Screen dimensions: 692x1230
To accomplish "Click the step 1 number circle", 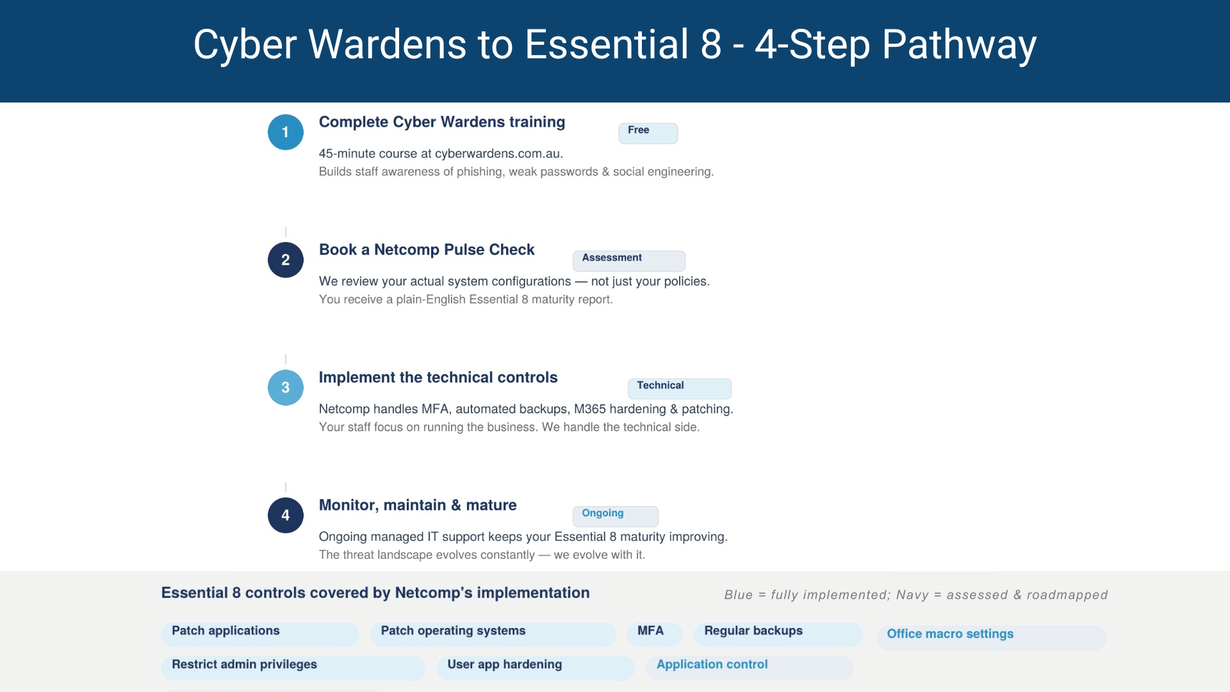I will point(286,132).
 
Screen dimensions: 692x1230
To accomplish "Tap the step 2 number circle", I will point(286,259).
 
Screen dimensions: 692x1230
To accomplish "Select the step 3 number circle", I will point(286,388).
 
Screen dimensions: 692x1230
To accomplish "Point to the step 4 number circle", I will point(286,515).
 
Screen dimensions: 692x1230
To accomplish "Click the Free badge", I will point(648,133).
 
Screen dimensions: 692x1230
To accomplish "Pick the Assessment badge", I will point(628,260).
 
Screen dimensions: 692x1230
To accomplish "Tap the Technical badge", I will point(679,388).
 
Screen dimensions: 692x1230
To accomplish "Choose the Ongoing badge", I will point(615,515).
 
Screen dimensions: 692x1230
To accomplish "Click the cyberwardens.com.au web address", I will point(498,154).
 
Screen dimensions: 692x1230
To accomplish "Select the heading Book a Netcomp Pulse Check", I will point(427,250).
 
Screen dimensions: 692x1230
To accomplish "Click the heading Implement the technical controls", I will point(438,377).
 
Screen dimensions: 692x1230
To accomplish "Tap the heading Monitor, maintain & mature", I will point(418,505).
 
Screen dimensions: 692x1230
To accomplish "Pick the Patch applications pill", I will point(259,634).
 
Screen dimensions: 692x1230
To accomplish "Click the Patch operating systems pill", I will point(492,634).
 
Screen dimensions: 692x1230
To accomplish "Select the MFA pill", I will point(654,634).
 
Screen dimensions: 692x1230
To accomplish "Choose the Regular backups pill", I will point(778,634).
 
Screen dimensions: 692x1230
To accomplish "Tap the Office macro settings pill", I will point(990,637).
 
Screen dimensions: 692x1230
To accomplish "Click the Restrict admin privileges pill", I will point(293,668).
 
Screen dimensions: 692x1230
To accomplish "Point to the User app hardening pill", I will point(535,668).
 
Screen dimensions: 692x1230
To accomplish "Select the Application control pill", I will point(749,668).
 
